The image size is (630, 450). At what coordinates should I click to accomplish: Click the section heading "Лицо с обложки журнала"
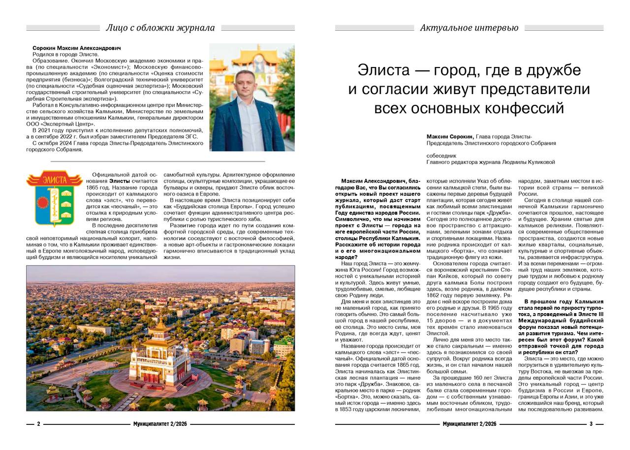(x=160, y=28)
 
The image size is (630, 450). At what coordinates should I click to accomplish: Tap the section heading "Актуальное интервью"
(x=469, y=28)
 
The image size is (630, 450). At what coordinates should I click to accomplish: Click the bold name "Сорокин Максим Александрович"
(x=76, y=48)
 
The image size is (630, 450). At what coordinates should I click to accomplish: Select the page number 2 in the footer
(x=38, y=424)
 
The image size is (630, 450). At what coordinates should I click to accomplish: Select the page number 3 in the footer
(x=591, y=424)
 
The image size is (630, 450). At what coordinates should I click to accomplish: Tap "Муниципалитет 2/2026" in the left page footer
(x=160, y=424)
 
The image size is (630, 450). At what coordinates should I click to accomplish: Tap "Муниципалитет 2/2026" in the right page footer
(x=469, y=424)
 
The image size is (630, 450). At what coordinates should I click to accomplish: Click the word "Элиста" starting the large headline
(x=382, y=70)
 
